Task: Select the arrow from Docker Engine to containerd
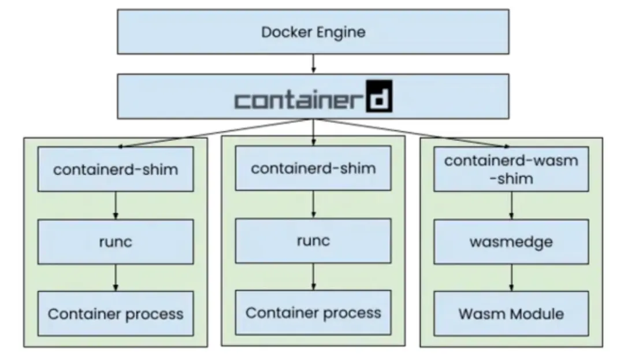313,63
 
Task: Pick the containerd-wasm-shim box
511,169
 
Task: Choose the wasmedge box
511,242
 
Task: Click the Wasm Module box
511,314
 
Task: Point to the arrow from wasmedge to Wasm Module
511,278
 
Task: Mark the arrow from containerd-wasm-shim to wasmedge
511,205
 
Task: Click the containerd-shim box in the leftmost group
116,169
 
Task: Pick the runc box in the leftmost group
116,242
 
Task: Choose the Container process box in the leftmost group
116,314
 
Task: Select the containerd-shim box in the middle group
313,168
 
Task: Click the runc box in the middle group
313,240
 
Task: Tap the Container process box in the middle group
313,313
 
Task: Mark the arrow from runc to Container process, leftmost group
116,278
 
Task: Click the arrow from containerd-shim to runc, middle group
313,205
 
